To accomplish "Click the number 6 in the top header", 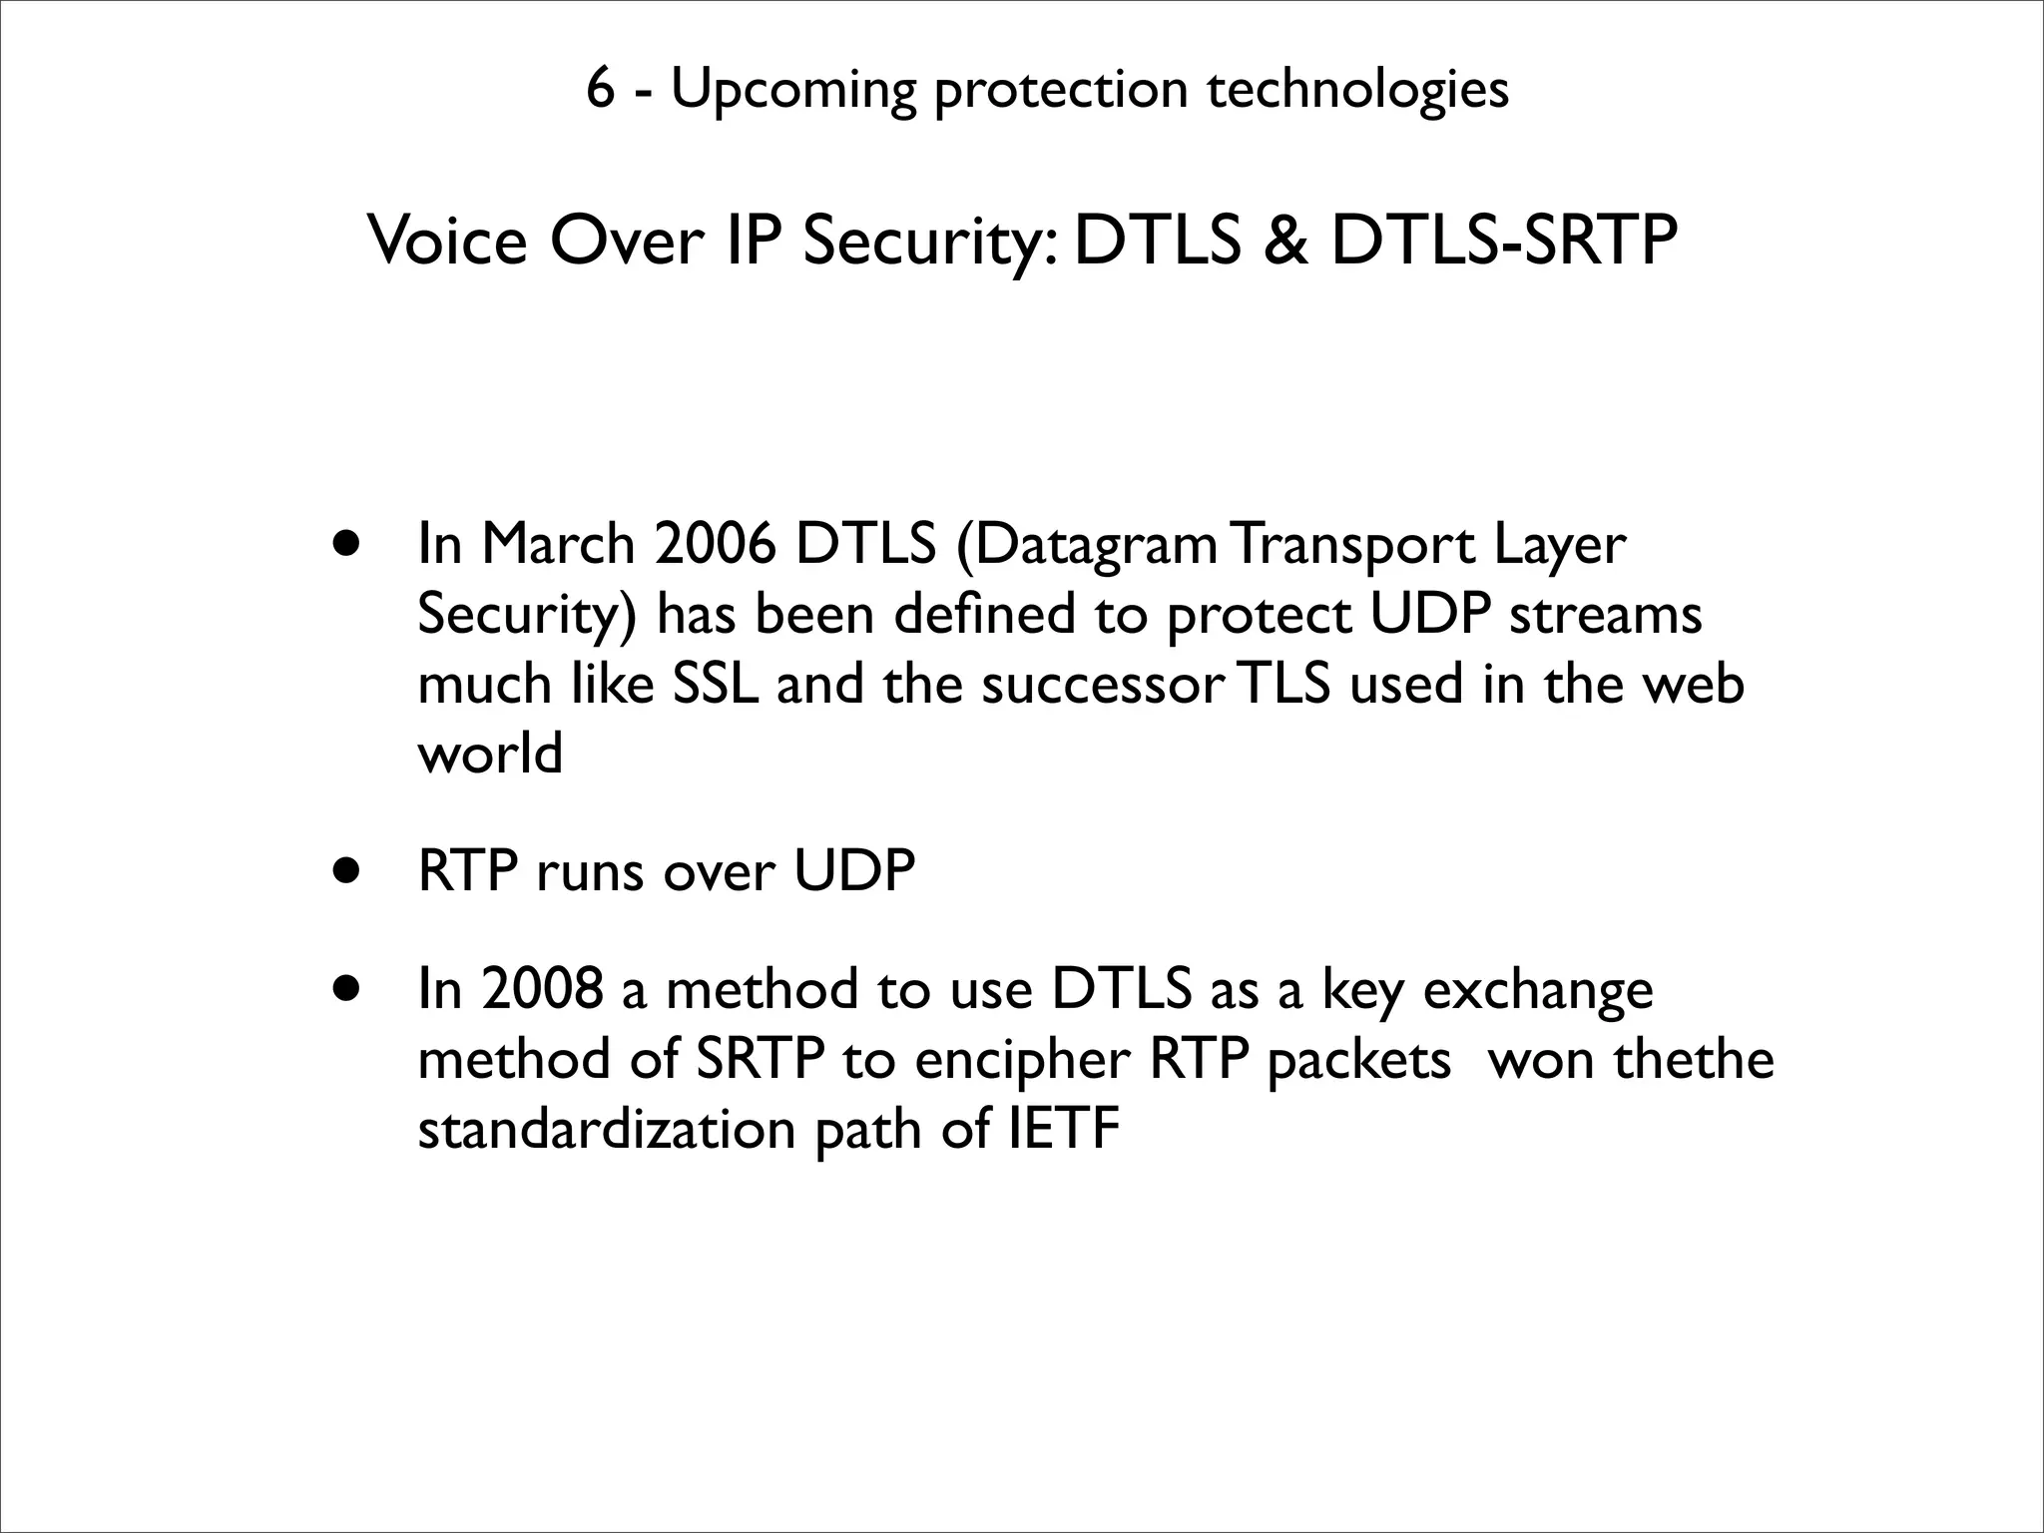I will coord(599,89).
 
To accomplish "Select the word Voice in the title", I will coord(447,242).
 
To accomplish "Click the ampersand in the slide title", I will coord(1285,242).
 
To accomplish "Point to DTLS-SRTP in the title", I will coord(1505,242).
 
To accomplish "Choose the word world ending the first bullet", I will coord(489,754).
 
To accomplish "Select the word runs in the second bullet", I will coord(592,872).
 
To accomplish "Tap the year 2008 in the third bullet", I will coord(542,989).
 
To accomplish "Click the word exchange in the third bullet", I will coord(1537,991).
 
